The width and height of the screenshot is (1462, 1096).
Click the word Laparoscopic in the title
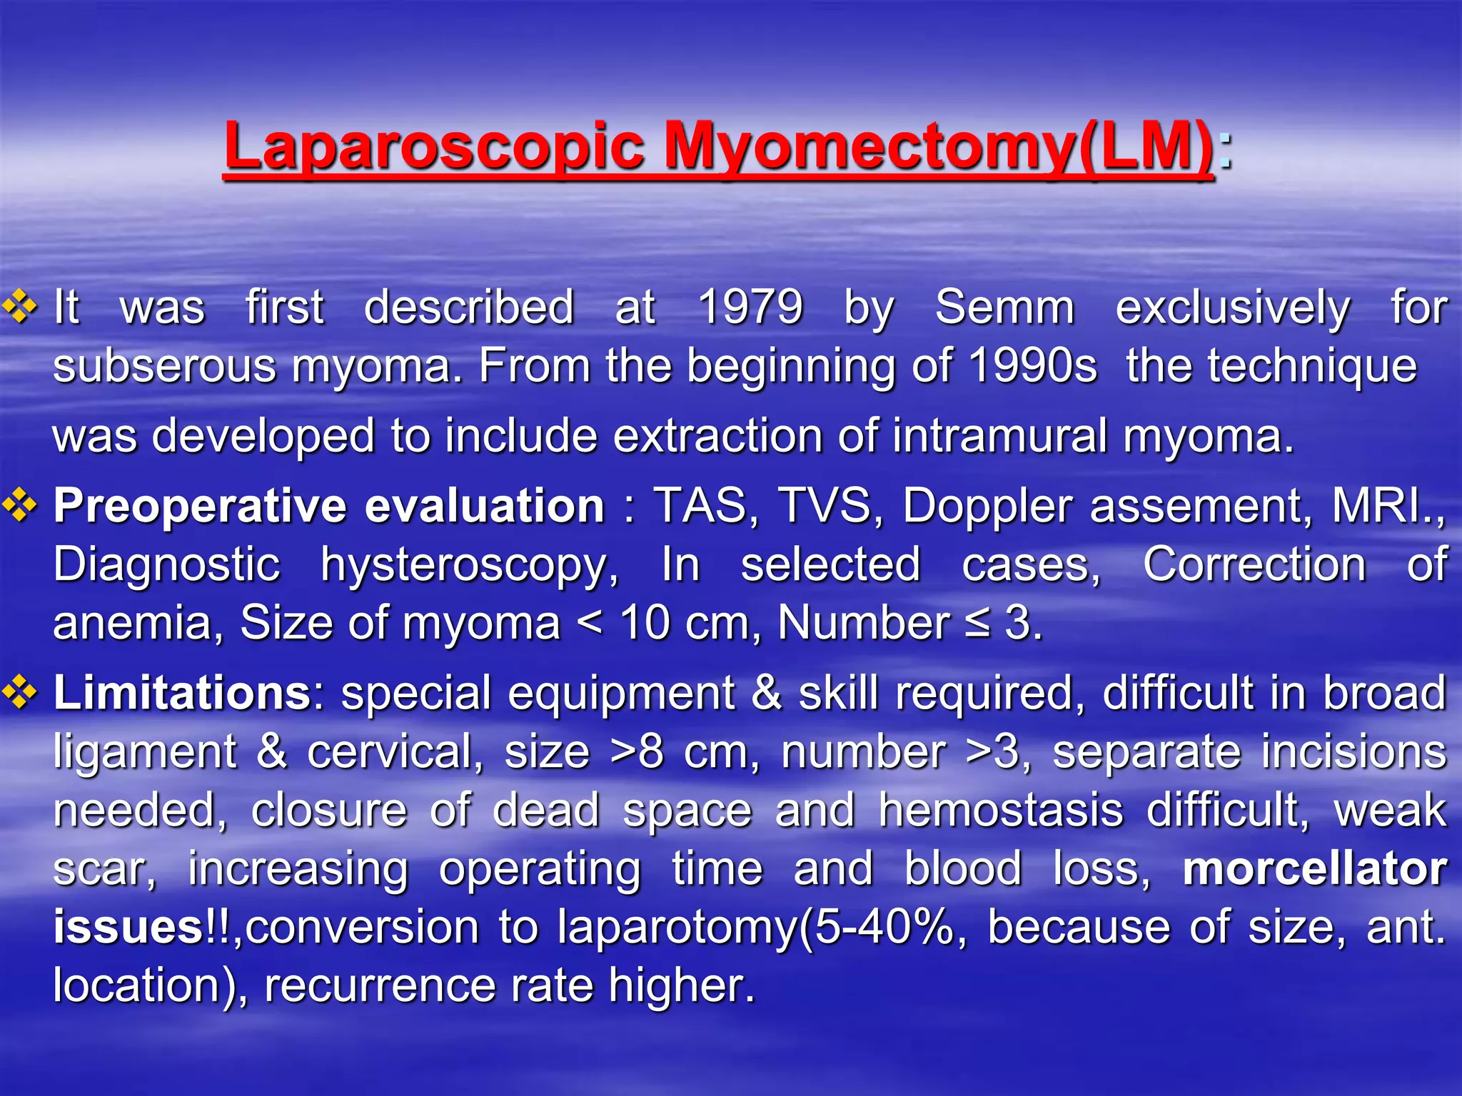pos(433,146)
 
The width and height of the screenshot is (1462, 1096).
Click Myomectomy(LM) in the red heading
pos(938,146)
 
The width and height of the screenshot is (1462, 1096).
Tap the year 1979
pos(750,308)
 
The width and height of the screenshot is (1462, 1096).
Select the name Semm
pos(1004,308)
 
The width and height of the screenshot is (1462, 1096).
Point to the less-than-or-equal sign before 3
pos(977,624)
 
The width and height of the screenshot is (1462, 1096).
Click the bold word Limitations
pos(182,693)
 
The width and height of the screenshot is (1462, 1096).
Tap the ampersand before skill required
pos(766,693)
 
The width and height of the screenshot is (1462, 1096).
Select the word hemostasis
pos(1001,811)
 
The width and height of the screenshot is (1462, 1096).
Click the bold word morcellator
pos(1314,869)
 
